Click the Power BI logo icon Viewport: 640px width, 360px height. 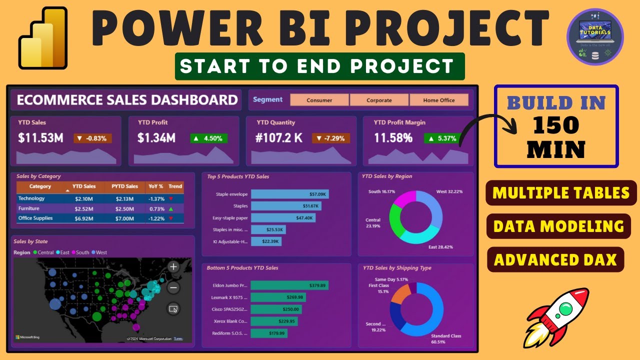click(x=43, y=38)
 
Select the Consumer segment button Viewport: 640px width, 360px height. click(x=319, y=100)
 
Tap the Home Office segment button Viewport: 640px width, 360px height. click(x=439, y=100)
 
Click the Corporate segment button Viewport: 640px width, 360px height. click(x=379, y=100)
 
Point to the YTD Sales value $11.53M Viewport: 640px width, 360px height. click(x=40, y=138)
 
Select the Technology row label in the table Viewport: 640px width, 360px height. click(x=31, y=198)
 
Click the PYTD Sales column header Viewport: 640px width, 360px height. click(x=124, y=186)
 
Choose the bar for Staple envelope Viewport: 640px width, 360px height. click(x=289, y=194)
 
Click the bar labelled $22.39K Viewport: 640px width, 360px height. click(x=266, y=241)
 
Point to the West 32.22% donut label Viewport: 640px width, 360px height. click(x=449, y=191)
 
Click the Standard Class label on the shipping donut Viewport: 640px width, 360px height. click(x=445, y=335)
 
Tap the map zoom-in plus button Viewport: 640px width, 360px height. click(x=173, y=266)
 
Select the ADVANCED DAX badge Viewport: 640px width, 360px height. click(x=555, y=259)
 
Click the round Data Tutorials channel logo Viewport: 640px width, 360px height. click(x=595, y=36)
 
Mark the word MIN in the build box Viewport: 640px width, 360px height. click(x=556, y=149)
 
